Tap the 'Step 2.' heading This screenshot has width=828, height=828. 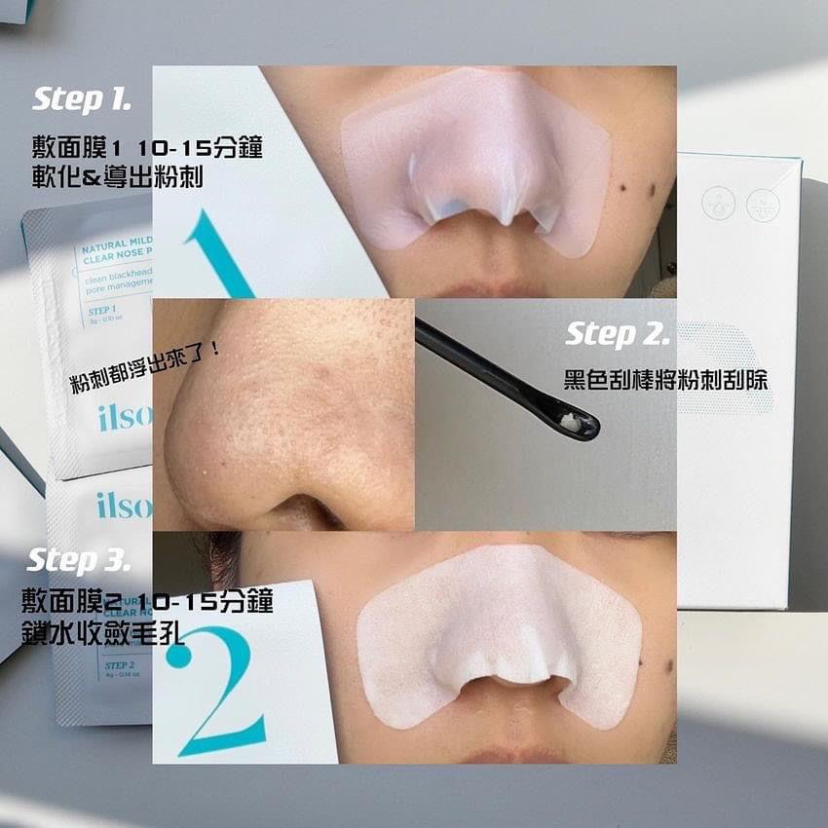pyautogui.click(x=617, y=335)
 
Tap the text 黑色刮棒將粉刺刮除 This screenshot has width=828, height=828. pyautogui.click(x=666, y=380)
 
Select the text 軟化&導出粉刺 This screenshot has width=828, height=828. pyautogui.click(x=118, y=178)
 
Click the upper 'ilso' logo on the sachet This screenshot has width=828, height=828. pyautogui.click(x=124, y=419)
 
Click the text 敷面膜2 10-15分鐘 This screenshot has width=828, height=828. pyautogui.click(x=147, y=600)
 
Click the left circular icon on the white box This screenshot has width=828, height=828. pyautogui.click(x=718, y=204)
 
